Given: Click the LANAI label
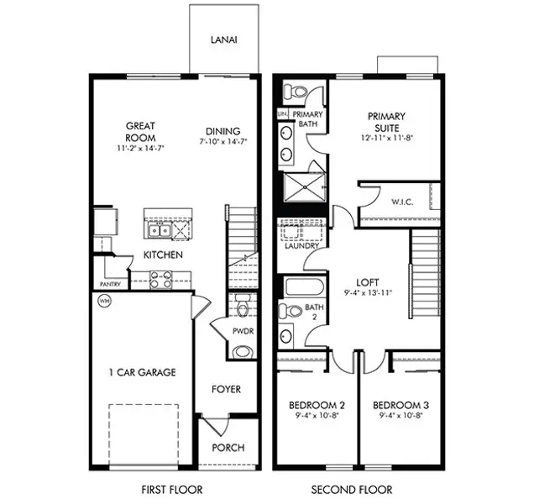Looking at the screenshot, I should click(x=223, y=39).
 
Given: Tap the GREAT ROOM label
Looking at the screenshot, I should click(x=140, y=132).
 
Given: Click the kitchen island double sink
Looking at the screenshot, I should click(x=159, y=229).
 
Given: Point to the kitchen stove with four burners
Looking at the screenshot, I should click(x=160, y=280).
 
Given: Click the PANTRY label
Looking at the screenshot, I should click(x=111, y=285).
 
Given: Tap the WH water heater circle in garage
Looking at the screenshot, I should click(x=105, y=301).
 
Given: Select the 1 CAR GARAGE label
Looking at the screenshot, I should click(x=142, y=372).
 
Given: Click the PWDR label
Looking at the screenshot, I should click(x=243, y=331).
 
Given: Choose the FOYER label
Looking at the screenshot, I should click(x=226, y=389).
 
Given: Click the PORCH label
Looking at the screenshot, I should click(x=227, y=448).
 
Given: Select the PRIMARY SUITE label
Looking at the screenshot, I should click(x=386, y=123).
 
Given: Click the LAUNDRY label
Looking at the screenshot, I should click(x=301, y=246).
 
